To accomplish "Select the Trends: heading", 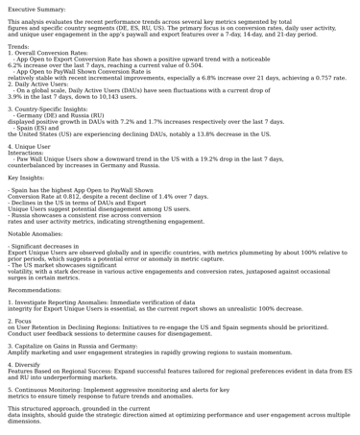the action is click(18, 46).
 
